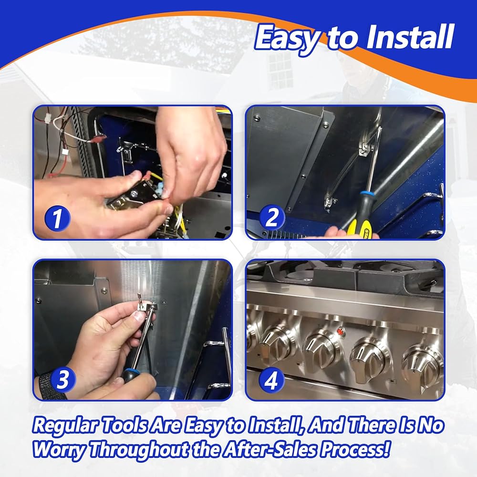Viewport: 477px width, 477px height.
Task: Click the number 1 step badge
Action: (57, 218)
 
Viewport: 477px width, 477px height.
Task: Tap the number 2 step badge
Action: (272, 218)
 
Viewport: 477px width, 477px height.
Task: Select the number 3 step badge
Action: (62, 379)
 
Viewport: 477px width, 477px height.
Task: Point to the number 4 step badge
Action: (271, 380)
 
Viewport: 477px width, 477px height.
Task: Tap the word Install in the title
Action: (410, 37)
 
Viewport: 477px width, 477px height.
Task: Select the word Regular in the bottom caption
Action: (66, 426)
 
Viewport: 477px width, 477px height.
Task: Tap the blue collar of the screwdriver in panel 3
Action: (128, 373)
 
